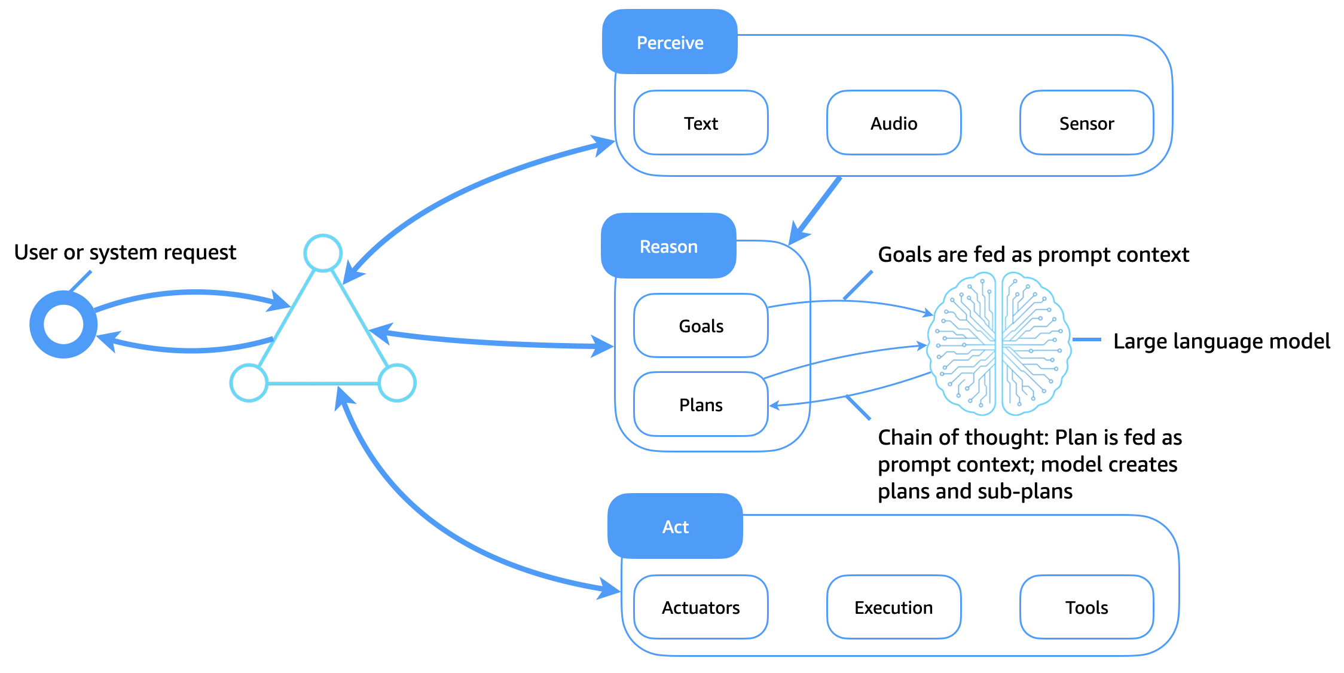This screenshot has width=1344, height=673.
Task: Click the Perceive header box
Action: click(670, 42)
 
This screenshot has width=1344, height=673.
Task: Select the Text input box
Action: click(701, 123)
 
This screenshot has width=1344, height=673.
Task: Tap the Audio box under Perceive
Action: click(894, 123)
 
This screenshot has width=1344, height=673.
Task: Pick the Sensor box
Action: click(1086, 123)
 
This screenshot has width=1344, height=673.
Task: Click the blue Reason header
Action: click(668, 246)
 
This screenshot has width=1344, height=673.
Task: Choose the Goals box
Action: click(701, 326)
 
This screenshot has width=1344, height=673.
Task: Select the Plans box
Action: click(701, 405)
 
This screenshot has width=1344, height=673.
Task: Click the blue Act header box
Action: click(675, 527)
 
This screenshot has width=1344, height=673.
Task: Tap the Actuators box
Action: click(701, 607)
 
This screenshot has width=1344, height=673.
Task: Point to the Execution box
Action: click(894, 607)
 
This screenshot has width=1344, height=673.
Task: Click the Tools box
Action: click(1086, 607)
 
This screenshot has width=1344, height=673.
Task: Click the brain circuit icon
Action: click(998, 344)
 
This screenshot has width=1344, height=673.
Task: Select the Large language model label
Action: click(1221, 341)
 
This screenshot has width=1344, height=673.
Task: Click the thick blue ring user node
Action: click(63, 325)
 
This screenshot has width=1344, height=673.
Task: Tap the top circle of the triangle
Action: click(323, 253)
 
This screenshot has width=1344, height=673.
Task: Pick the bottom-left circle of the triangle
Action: click(249, 383)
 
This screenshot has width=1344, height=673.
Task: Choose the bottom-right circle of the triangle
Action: click(397, 383)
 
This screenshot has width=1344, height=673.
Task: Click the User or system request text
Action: click(125, 252)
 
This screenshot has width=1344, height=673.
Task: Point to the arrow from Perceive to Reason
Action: click(816, 210)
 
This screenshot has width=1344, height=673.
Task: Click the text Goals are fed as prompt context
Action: click(1033, 255)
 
